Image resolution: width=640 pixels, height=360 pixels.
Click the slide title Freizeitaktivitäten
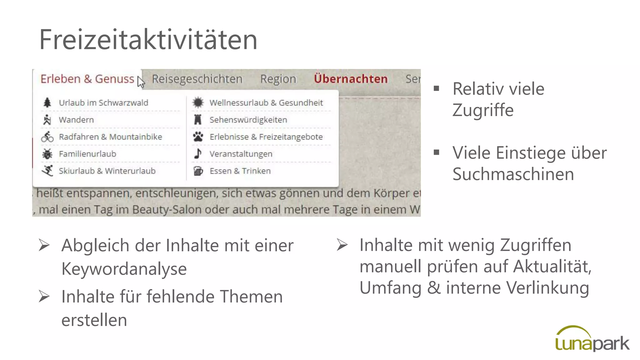coord(148,40)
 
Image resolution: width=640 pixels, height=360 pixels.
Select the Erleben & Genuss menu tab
coord(87,79)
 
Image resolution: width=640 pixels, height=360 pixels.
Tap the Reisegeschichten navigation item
coord(197,79)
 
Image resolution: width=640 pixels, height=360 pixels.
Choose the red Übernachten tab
coord(351,79)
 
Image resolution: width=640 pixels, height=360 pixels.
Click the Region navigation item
coord(278,79)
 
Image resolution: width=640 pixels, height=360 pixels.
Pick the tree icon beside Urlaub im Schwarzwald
coord(47,102)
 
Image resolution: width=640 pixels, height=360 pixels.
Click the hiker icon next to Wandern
coord(47,120)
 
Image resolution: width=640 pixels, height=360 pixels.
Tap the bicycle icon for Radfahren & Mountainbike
coord(47,137)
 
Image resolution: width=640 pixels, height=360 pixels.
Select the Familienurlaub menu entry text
coord(87,154)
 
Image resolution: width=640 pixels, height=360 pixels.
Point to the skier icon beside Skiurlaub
coord(47,171)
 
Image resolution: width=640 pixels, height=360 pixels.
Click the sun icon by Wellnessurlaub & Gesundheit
coord(198,102)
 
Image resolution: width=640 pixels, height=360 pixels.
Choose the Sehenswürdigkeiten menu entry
coord(248,120)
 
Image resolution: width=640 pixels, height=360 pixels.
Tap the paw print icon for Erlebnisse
coord(198,137)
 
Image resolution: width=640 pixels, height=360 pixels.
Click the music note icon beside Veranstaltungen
coord(198,153)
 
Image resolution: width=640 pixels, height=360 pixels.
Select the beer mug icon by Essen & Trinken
coord(198,171)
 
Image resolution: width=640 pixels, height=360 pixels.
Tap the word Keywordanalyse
coord(124,269)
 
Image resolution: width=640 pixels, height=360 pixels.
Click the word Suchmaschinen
coord(513,174)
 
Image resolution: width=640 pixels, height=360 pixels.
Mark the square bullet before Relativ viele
coord(437,88)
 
